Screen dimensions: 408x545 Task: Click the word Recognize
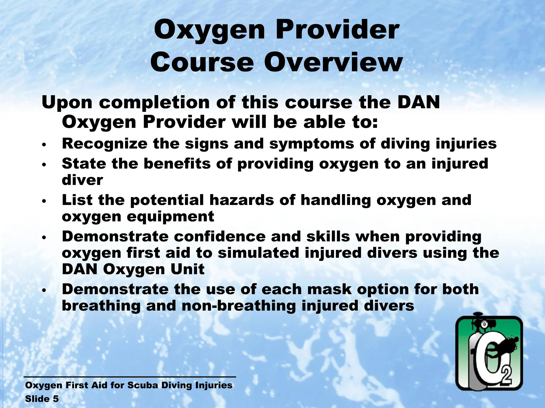(105, 144)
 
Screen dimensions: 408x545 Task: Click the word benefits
(177, 163)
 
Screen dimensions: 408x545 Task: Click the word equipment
(170, 216)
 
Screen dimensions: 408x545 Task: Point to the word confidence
(220, 236)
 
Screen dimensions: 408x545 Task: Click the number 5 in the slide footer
(56, 399)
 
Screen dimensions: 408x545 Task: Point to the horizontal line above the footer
(130, 377)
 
